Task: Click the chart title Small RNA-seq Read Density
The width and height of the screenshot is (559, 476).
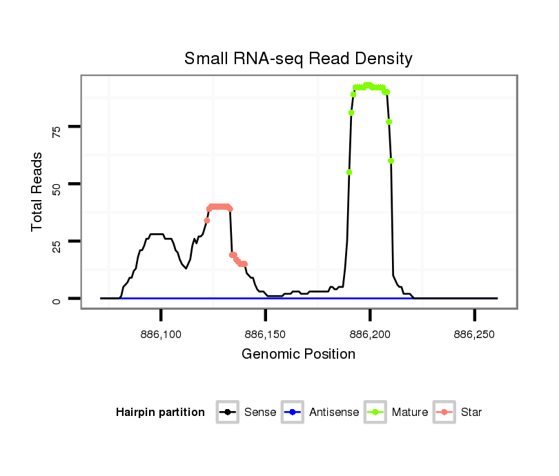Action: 298,59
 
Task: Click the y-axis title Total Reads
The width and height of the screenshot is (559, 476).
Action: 39,191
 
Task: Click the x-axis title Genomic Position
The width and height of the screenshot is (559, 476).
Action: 298,354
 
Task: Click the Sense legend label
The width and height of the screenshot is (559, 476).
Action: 260,413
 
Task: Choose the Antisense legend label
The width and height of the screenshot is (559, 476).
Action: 334,413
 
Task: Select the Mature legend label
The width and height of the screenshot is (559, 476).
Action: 410,413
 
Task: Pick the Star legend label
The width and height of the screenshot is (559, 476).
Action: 472,413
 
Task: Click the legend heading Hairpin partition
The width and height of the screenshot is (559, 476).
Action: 161,413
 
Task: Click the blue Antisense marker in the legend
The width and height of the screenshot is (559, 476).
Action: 293,413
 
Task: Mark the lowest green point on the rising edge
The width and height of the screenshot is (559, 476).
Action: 349,172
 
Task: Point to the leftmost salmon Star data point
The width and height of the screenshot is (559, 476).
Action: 207,220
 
